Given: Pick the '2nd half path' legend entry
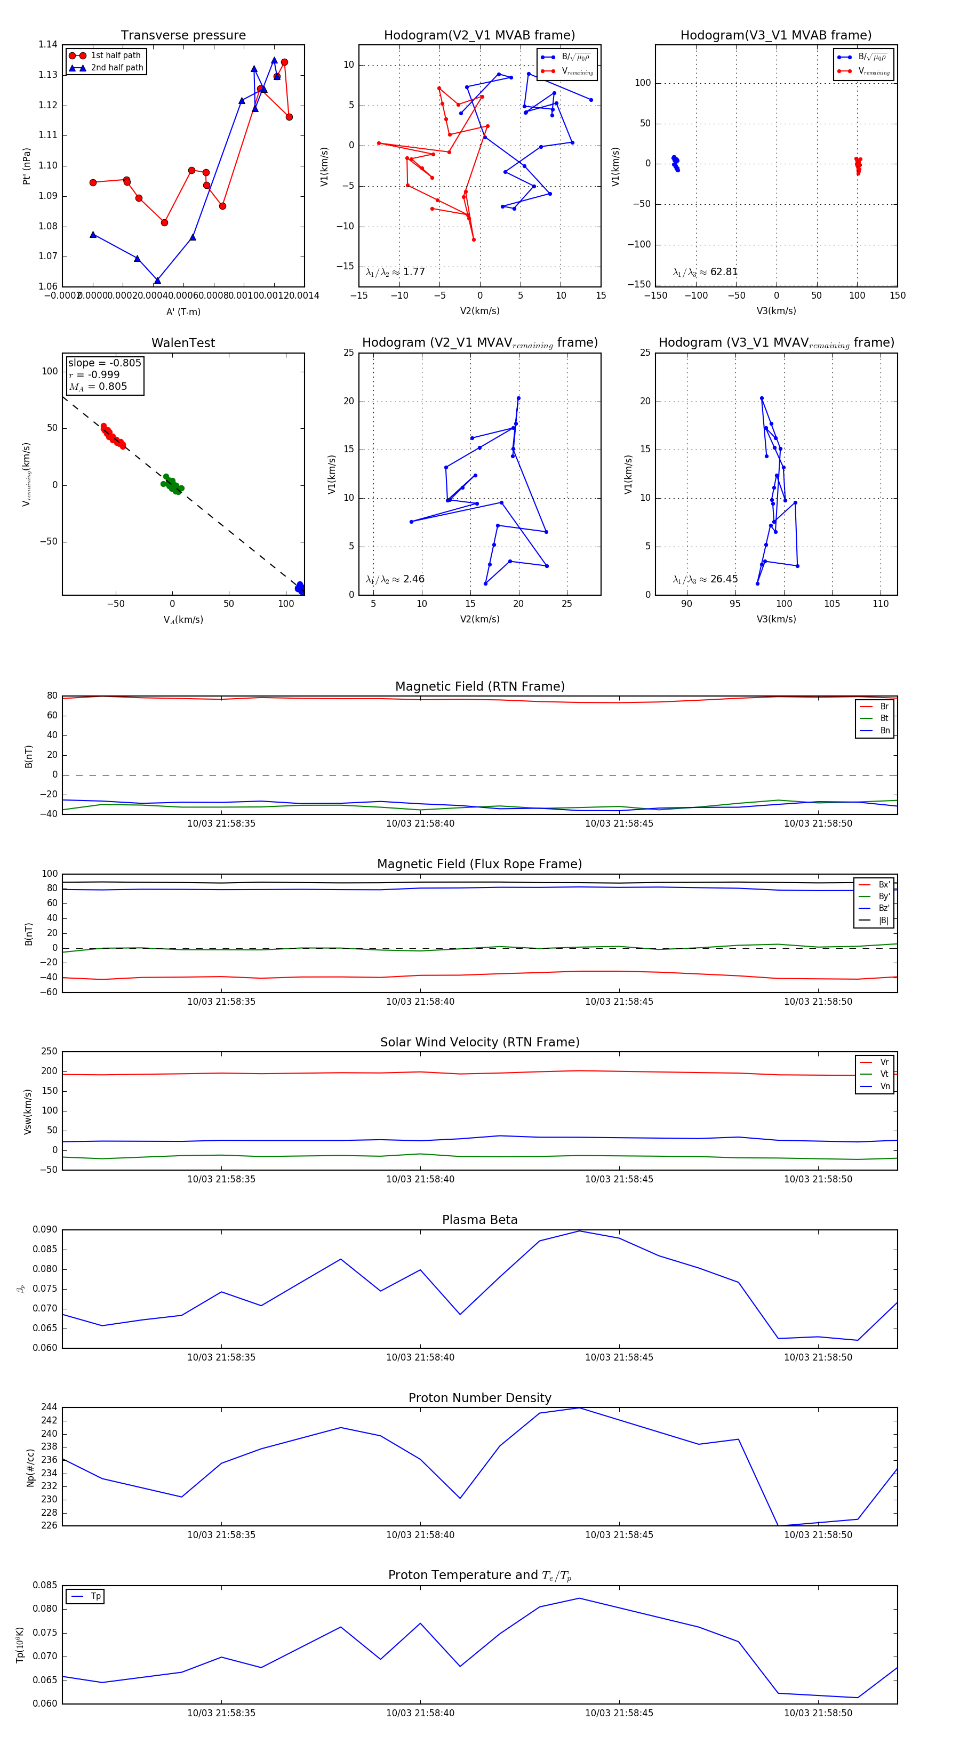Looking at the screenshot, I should (x=117, y=68).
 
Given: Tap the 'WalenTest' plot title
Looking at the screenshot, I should (x=183, y=343).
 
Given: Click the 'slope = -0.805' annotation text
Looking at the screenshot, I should (x=105, y=363).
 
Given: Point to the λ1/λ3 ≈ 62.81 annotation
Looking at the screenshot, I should (x=705, y=272).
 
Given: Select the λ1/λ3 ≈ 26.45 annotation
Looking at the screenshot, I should (x=705, y=579).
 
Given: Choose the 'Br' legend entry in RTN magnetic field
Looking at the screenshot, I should (x=884, y=707).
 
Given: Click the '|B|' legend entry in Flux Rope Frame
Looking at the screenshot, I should (x=883, y=921).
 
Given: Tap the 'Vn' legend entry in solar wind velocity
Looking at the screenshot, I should (x=884, y=1086).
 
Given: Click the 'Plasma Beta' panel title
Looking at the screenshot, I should (x=479, y=1220).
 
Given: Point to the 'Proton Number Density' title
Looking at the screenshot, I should (x=479, y=1398).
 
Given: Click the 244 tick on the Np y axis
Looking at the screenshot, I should (x=49, y=1407).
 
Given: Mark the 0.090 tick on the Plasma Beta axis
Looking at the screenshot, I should (x=45, y=1230).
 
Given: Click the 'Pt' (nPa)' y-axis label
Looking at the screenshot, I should (x=27, y=166).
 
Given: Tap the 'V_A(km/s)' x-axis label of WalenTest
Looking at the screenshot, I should (x=183, y=620).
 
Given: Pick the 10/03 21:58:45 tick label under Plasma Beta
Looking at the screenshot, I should (x=619, y=1357).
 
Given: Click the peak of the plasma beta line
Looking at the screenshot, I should (x=579, y=1231).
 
